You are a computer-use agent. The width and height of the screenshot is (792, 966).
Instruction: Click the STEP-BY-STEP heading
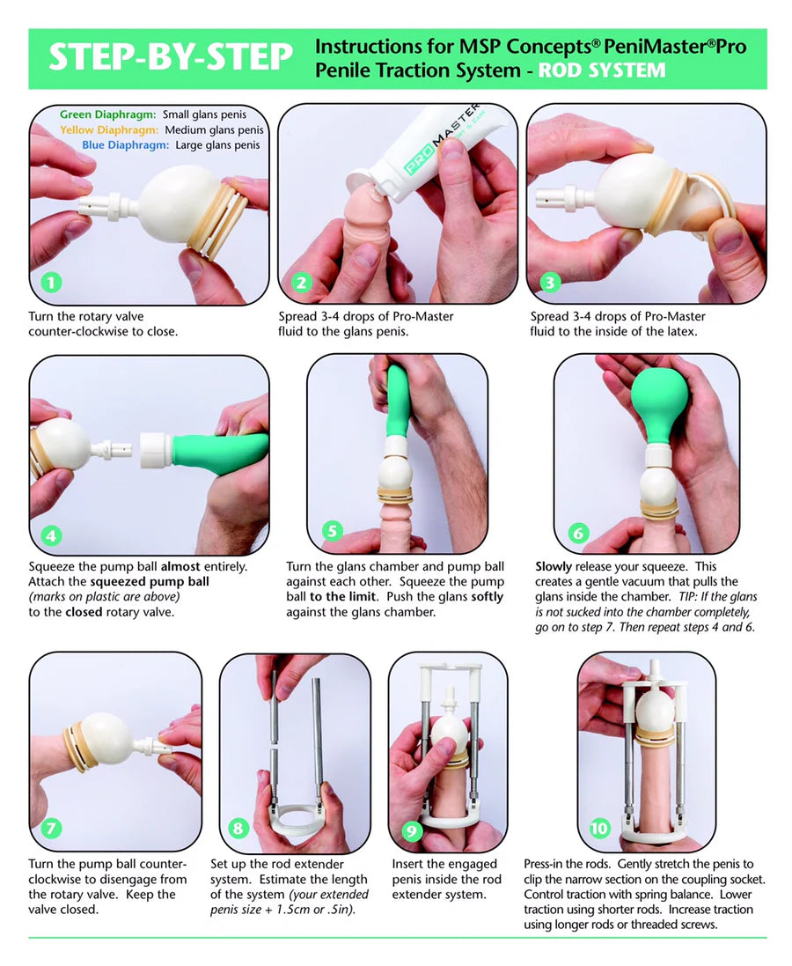tap(171, 57)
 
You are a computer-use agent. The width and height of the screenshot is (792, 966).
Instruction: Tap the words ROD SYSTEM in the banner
tap(602, 70)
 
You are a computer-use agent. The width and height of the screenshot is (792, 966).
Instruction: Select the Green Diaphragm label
tap(107, 114)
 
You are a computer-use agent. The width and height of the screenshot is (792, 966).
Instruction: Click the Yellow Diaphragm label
tap(109, 130)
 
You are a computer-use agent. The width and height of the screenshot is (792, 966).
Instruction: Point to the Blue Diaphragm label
tap(125, 145)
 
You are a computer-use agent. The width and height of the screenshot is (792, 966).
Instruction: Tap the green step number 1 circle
tap(51, 282)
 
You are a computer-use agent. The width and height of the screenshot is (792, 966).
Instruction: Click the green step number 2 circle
tap(301, 283)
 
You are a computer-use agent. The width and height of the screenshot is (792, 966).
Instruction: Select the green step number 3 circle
tap(550, 282)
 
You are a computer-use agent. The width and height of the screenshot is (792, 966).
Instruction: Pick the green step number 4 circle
tap(51, 535)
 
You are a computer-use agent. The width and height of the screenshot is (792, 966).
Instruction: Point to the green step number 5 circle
tap(333, 530)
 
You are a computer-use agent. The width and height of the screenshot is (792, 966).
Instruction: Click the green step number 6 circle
tap(577, 533)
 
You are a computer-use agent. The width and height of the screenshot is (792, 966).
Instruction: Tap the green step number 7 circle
tap(51, 828)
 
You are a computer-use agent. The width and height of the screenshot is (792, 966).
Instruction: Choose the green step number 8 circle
tap(238, 828)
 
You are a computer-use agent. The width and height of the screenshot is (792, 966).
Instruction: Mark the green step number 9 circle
tap(411, 831)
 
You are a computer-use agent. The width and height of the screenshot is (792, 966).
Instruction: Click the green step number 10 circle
tap(599, 828)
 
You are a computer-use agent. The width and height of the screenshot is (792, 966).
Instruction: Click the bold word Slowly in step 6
tap(553, 567)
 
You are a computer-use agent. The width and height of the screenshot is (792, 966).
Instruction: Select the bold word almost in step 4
tap(180, 566)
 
